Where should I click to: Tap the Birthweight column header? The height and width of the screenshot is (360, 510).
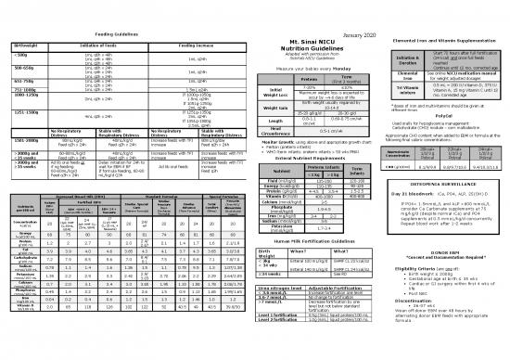click(26, 20)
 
